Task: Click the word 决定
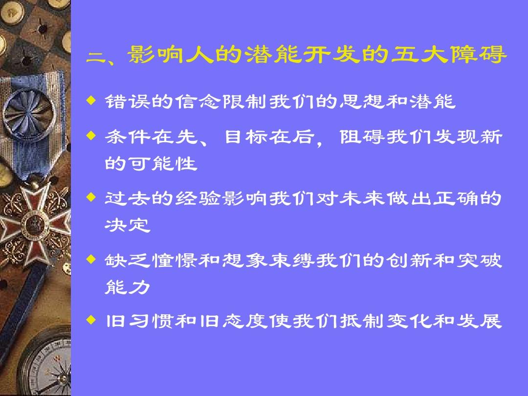(x=127, y=225)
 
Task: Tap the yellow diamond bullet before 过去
(x=91, y=197)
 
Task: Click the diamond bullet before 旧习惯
(x=91, y=320)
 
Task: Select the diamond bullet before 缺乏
(x=91, y=259)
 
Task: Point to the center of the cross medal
(x=34, y=224)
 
